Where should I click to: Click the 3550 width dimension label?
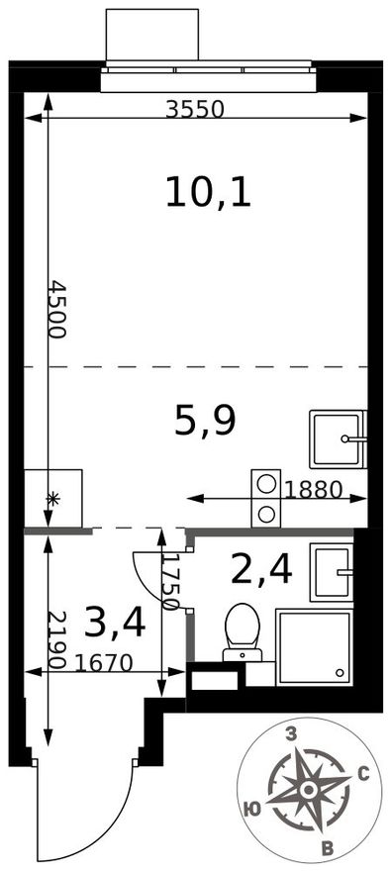(195, 110)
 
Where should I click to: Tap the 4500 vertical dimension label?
(57, 309)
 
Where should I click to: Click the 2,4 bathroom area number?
(261, 570)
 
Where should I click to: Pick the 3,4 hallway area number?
(115, 623)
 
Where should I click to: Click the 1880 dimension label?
(312, 489)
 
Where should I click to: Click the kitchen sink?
(339, 438)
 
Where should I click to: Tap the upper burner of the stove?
(266, 484)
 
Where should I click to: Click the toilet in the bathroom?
(243, 633)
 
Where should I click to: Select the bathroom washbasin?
(332, 572)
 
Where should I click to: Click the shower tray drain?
(340, 672)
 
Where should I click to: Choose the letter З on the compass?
(290, 735)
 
